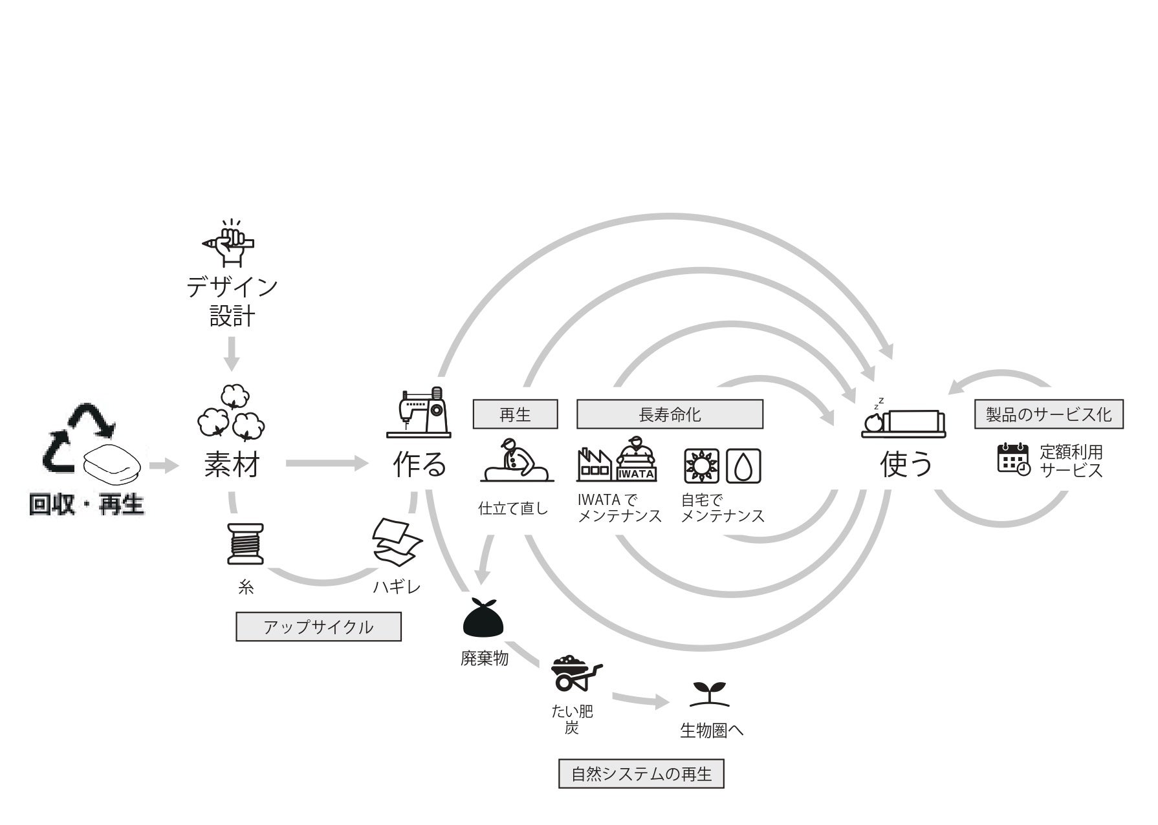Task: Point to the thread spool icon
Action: click(246, 544)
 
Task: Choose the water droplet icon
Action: click(743, 466)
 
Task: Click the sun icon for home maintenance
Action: click(701, 466)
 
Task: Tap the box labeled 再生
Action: click(515, 414)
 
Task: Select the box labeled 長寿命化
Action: click(670, 414)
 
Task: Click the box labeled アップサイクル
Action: click(318, 627)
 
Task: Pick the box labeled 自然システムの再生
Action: click(641, 773)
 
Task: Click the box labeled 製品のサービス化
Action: click(1049, 414)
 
